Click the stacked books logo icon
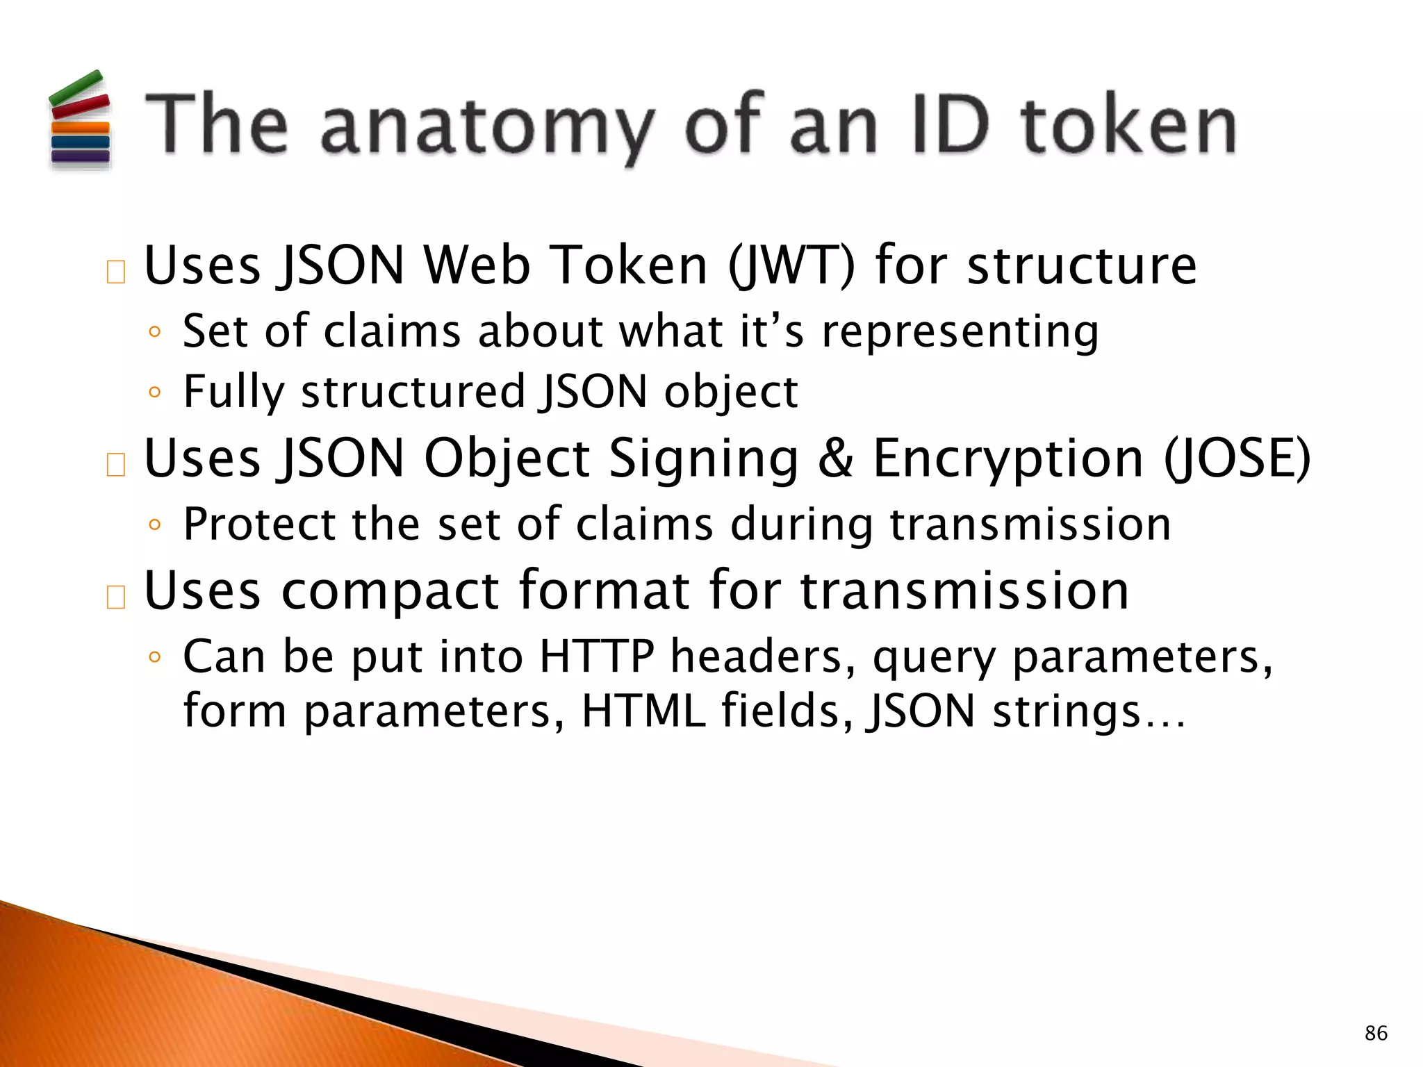(x=79, y=119)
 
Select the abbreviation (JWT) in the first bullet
(x=790, y=265)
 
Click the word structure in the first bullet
(x=1082, y=265)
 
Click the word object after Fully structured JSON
(x=730, y=392)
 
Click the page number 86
(x=1376, y=1033)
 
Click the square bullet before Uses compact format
(x=116, y=597)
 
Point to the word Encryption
(x=1007, y=459)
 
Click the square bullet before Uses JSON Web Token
(x=116, y=272)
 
